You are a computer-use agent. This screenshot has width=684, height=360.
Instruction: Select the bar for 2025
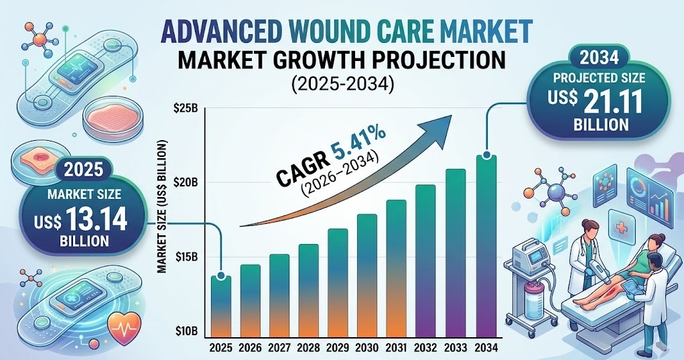[x=222, y=305]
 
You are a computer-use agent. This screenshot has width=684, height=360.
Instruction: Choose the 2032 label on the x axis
[x=427, y=349]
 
